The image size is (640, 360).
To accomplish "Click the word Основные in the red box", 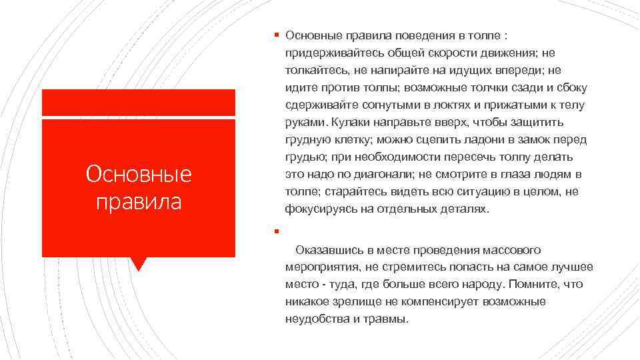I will pyautogui.click(x=139, y=174).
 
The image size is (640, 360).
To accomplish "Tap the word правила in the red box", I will pyautogui.click(x=139, y=201).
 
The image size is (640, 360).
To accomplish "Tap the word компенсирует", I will pyautogui.click(x=445, y=302).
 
